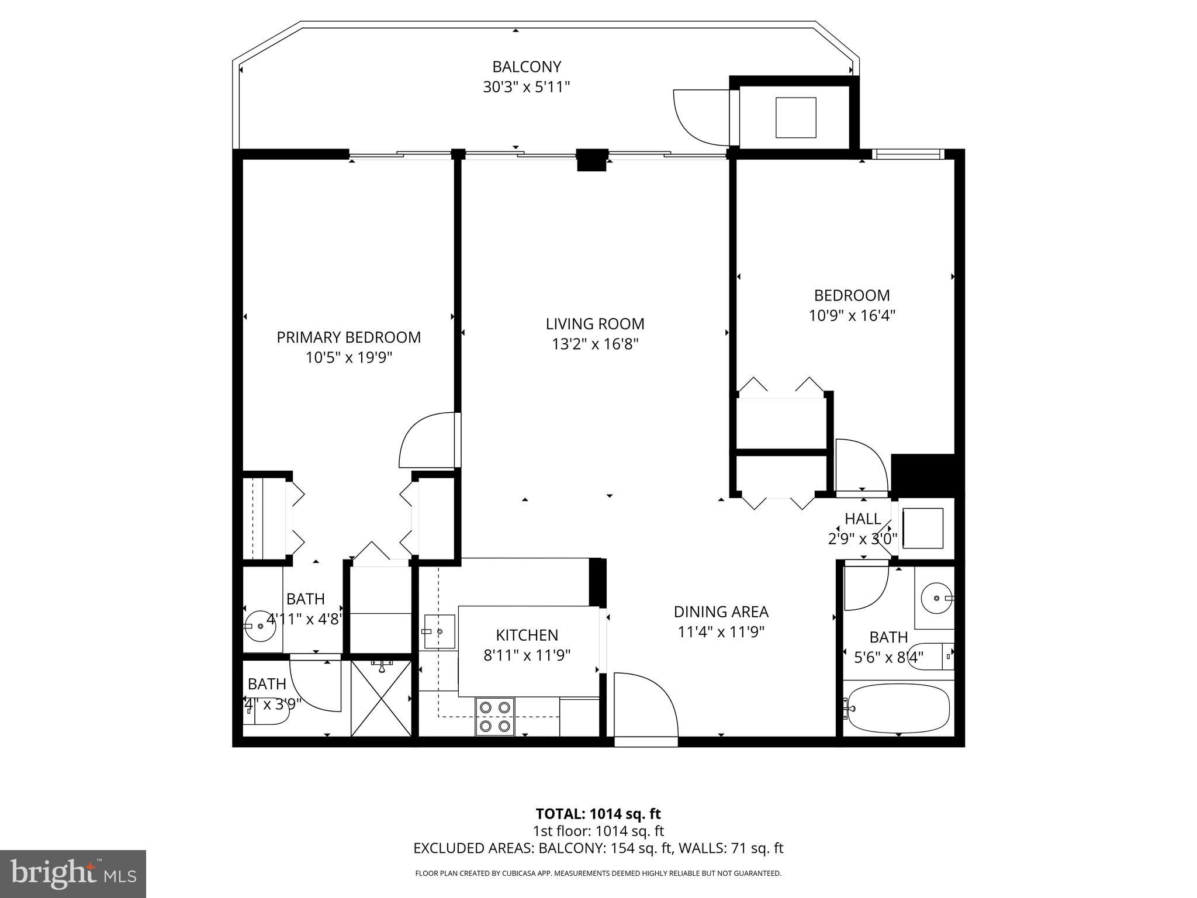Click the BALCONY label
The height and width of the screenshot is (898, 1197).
(526, 67)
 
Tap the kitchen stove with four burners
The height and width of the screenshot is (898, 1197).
(495, 717)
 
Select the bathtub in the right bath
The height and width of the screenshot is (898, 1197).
(898, 708)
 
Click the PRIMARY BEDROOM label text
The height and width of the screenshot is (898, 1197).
(348, 337)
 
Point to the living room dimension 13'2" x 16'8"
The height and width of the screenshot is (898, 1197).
(594, 344)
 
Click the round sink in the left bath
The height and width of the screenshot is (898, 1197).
(259, 626)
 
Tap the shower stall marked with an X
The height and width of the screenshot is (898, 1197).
(381, 697)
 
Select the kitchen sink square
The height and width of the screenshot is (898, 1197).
(438, 631)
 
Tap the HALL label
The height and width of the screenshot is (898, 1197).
(863, 519)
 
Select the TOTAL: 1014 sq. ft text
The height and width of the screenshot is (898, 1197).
(598, 814)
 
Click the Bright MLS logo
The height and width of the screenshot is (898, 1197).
(72, 873)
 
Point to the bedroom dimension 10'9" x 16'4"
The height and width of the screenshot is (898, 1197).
(852, 316)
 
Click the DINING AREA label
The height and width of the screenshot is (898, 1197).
(721, 612)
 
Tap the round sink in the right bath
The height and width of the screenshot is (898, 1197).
(936, 599)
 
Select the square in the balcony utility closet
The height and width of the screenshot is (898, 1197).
(795, 118)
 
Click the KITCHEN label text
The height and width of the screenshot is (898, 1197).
(527, 635)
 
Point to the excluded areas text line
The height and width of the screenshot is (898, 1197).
(598, 848)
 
